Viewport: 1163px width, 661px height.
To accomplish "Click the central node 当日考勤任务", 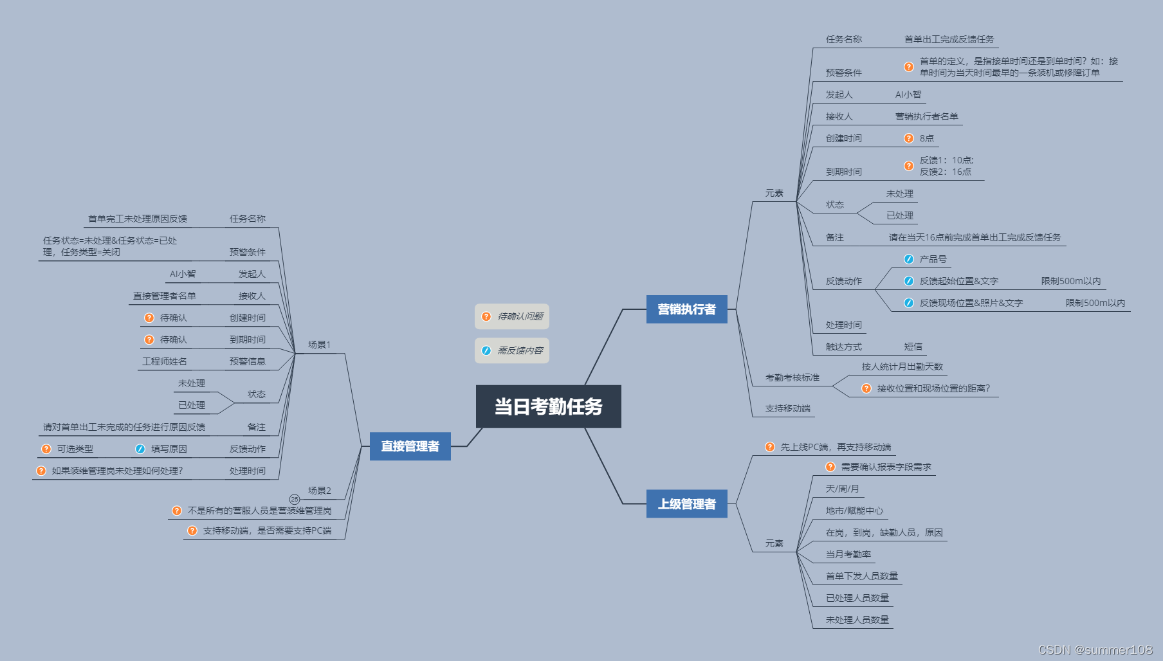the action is pos(548,406).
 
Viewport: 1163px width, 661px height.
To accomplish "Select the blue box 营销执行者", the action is pos(686,309).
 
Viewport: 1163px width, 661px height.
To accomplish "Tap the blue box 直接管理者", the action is pos(410,446).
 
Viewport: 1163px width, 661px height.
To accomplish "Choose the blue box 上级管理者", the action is pos(686,504).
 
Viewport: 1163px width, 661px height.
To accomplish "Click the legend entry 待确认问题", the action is pos(512,316).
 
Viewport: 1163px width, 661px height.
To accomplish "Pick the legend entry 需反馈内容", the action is pos(512,350).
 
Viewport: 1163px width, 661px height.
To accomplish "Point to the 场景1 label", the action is pos(319,345).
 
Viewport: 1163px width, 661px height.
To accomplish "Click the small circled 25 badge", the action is pos(295,499).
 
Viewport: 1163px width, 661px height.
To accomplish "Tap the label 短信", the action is pos(913,347).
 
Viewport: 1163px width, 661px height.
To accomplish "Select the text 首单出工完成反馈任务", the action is pos(949,39).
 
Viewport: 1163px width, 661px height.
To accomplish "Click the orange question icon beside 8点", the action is pos(909,138).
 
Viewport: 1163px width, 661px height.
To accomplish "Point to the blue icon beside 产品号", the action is pos(909,259).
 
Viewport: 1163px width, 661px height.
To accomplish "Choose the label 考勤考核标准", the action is pos(792,377).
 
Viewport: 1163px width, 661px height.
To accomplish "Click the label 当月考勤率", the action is pos(848,554).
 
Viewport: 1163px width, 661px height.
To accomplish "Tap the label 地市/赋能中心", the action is pos(854,511).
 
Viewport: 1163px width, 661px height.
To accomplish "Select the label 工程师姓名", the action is pos(165,361).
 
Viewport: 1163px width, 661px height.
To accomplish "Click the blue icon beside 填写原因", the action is pos(140,449).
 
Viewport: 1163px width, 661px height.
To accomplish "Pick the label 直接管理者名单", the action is pos(165,296).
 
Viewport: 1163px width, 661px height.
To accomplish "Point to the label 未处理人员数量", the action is pos(857,620).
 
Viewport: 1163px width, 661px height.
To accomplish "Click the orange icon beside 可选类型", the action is pos(46,449).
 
